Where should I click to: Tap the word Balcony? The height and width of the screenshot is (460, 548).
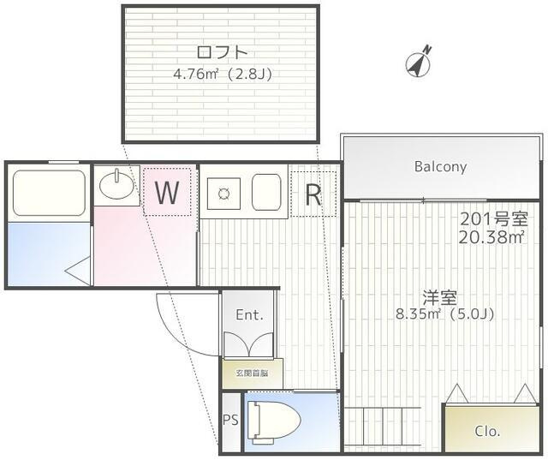[x=440, y=166]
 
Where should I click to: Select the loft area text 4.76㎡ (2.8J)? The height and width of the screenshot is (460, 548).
[x=222, y=74]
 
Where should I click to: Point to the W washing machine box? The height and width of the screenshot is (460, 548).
[x=168, y=193]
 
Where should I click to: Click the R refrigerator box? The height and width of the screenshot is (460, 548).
[x=313, y=194]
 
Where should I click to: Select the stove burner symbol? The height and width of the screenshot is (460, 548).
[x=225, y=194]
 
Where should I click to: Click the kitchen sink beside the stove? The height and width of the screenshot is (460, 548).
[x=266, y=193]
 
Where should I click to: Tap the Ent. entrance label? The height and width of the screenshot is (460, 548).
[x=248, y=314]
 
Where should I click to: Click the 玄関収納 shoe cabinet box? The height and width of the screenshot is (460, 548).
[x=248, y=373]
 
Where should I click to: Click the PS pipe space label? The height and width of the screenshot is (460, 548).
[x=229, y=420]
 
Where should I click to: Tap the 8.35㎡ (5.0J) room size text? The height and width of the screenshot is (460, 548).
[x=444, y=314]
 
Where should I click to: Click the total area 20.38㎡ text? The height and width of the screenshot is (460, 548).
[x=491, y=236]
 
